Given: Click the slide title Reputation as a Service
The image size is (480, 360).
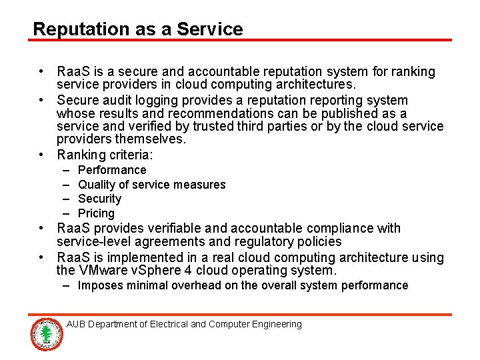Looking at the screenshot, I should (x=138, y=29).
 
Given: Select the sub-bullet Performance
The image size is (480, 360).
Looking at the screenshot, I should (x=112, y=170).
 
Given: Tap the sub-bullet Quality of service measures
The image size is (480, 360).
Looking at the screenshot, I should (x=152, y=185).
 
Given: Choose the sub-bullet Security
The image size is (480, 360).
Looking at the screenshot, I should (x=100, y=199).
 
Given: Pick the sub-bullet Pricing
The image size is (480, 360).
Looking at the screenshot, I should (x=97, y=213).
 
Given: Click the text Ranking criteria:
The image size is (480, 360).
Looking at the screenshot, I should (x=105, y=155).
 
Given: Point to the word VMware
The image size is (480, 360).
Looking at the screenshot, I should (x=107, y=271).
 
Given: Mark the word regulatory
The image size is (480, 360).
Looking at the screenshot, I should (x=265, y=242).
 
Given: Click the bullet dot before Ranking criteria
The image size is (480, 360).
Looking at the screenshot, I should (x=42, y=155).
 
